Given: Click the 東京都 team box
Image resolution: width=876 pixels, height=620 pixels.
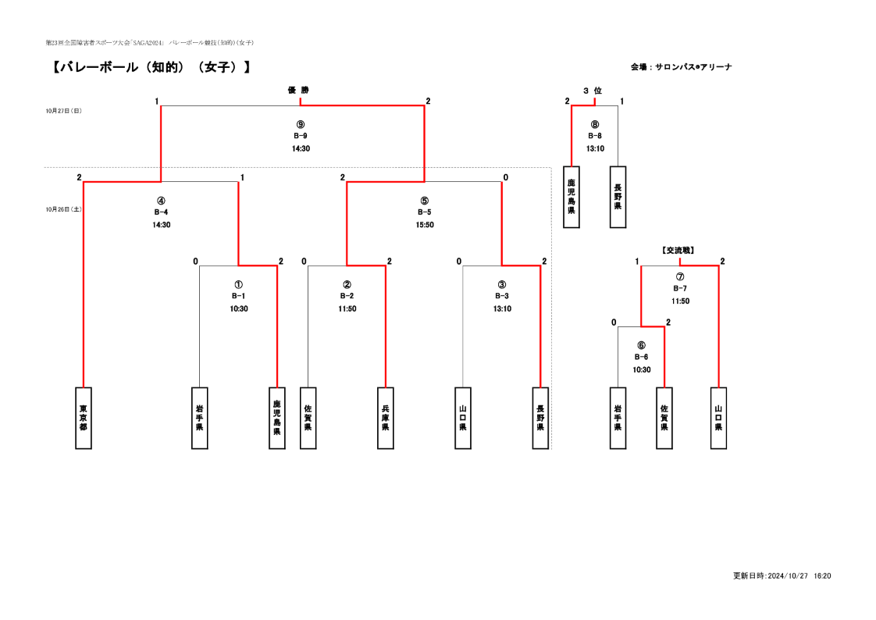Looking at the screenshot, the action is pos(84,418).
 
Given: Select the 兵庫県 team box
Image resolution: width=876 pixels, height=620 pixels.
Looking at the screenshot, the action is pos(386,418).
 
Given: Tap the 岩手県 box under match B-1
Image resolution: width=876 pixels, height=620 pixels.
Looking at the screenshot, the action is pos(199,418).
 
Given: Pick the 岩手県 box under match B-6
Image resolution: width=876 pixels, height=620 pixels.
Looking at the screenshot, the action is pos(618,418).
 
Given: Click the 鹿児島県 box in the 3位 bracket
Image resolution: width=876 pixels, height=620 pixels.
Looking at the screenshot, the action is pos(572,197).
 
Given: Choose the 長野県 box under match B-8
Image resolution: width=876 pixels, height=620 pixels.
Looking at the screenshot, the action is pos(618,197).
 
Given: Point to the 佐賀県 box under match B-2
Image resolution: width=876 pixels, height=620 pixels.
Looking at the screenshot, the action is pos(308,418).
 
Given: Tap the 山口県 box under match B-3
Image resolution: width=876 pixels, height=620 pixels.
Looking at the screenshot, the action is pos(463,418).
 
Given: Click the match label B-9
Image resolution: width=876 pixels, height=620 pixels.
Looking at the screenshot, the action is pos(301,136).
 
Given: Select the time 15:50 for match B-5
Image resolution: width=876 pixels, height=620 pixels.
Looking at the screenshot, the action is pos(425,225).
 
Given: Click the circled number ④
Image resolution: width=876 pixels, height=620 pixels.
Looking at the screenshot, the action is pos(161,201).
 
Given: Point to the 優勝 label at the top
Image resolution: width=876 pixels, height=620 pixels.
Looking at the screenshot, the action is pos(298,90).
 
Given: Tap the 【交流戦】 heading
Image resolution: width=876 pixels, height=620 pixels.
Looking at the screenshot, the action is pos(678,250).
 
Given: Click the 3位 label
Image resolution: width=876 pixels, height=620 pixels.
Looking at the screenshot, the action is pos(593,91).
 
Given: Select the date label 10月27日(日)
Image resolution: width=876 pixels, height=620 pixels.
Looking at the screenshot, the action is pos(64,111).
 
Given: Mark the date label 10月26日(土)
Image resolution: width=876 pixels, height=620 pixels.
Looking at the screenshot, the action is pos(64,209).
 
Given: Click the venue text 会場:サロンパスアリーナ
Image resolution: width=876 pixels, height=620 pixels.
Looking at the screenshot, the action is pos(682,67).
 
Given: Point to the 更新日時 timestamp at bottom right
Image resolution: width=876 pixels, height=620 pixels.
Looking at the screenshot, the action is pos(782,575).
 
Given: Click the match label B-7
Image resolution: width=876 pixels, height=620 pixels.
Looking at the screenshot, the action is pos(680,288).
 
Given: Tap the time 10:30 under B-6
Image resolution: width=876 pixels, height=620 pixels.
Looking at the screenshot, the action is pos(641,370).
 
